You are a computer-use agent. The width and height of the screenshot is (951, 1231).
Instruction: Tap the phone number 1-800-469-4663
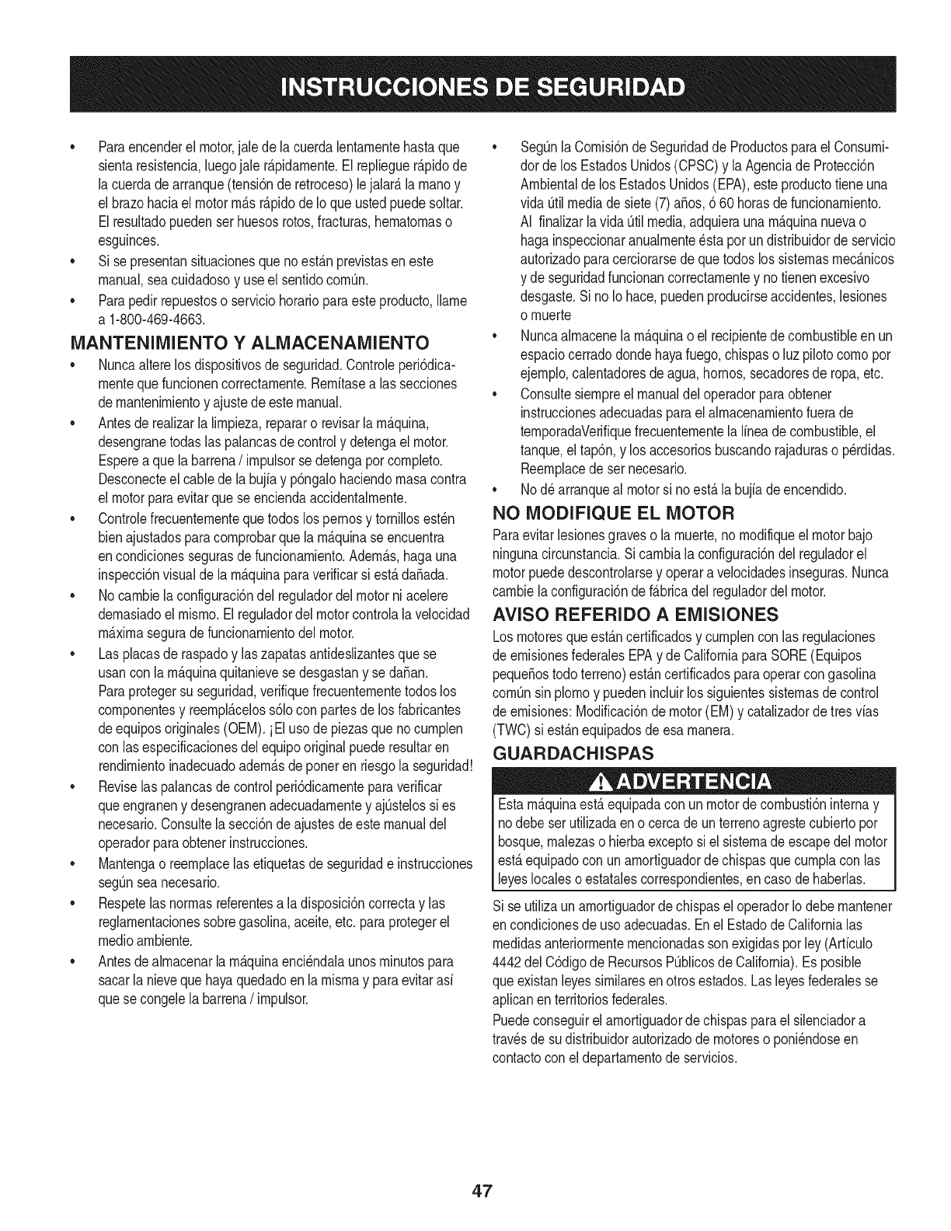click(158, 317)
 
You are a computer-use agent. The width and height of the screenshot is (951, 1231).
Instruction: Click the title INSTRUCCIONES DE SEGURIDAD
click(475, 85)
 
